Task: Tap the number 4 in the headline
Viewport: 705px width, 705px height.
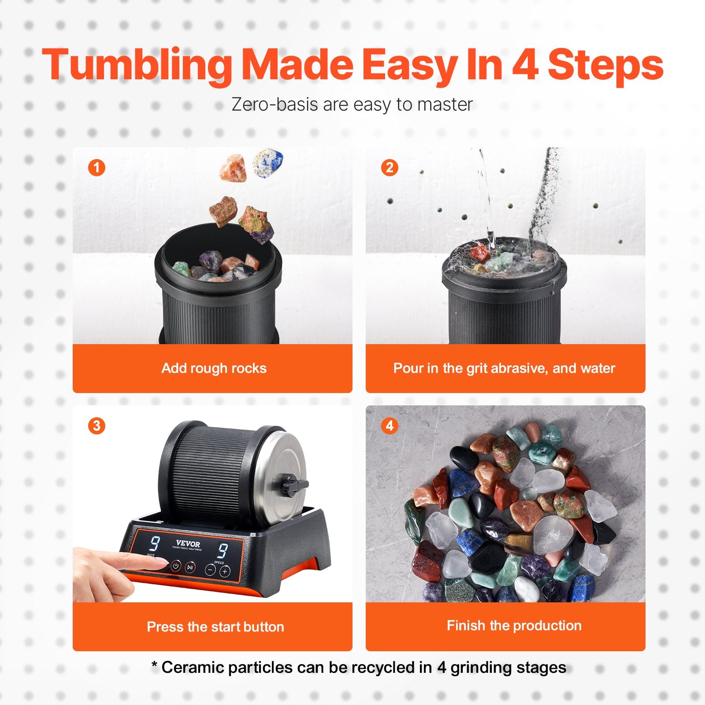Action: coord(525,65)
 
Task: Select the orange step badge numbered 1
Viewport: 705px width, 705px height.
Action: coord(96,167)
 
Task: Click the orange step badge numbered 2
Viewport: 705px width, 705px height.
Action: coord(390,167)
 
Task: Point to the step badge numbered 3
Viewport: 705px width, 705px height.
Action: coord(96,426)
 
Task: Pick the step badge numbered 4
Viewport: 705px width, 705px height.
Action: coord(390,426)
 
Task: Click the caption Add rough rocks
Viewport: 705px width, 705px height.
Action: coord(214,368)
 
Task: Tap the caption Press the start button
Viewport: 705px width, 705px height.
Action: coord(215,627)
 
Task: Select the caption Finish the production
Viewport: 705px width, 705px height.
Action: coord(514,625)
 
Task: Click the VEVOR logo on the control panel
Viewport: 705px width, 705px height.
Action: coord(188,544)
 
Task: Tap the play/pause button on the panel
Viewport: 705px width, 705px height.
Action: coord(190,567)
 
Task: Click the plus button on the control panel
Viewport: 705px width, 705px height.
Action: coord(225,571)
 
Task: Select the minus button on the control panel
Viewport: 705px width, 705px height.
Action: coord(211,570)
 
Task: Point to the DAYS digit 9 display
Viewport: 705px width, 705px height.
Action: coord(155,544)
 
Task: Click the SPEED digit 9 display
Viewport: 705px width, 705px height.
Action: coord(223,551)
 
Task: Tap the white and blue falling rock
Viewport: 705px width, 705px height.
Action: coord(267,163)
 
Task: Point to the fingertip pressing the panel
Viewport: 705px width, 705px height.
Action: coord(161,564)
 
